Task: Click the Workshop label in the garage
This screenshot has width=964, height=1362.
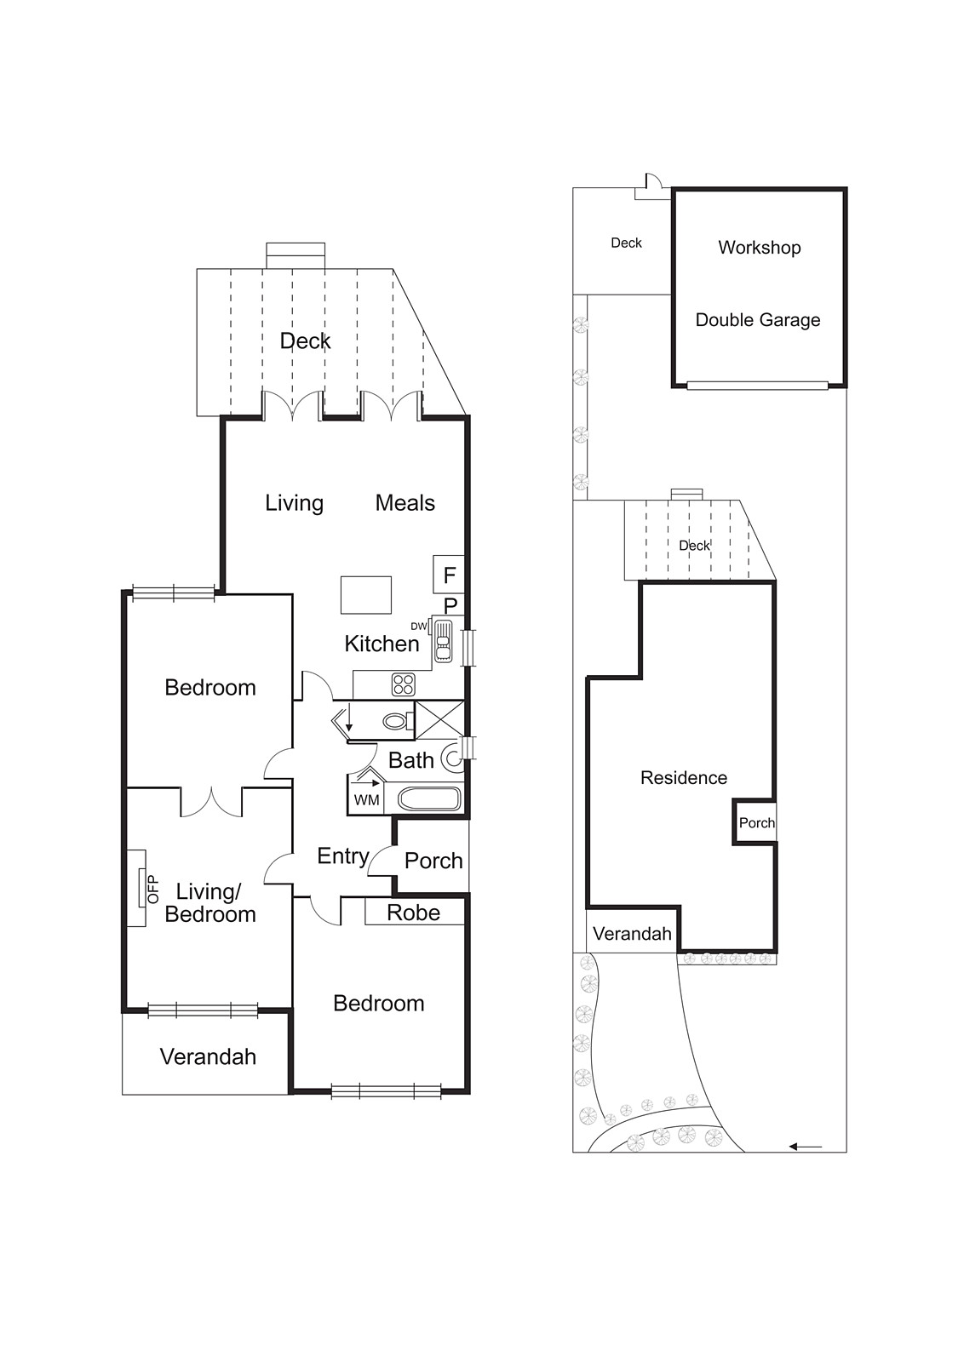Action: point(759,248)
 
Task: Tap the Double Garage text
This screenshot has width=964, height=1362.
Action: point(758,320)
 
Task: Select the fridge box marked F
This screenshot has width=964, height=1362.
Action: point(450,575)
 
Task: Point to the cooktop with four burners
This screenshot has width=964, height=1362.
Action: point(403,684)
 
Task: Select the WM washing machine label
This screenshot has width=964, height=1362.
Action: point(366,800)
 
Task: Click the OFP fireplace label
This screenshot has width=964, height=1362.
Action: point(153,889)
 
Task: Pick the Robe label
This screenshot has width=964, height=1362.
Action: point(413,913)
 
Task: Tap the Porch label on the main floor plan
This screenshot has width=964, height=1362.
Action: point(433,861)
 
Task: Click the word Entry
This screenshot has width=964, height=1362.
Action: point(342,856)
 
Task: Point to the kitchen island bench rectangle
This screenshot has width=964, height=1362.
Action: point(366,594)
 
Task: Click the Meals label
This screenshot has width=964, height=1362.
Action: point(405,503)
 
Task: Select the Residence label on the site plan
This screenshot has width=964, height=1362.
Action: point(684,777)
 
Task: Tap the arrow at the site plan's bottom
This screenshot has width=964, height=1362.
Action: point(805,1147)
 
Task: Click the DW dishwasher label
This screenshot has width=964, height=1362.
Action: point(418,627)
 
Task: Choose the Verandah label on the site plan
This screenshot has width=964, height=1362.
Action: point(632,934)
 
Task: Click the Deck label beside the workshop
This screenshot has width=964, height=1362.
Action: point(626,243)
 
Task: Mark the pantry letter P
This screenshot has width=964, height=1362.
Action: point(450,605)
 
